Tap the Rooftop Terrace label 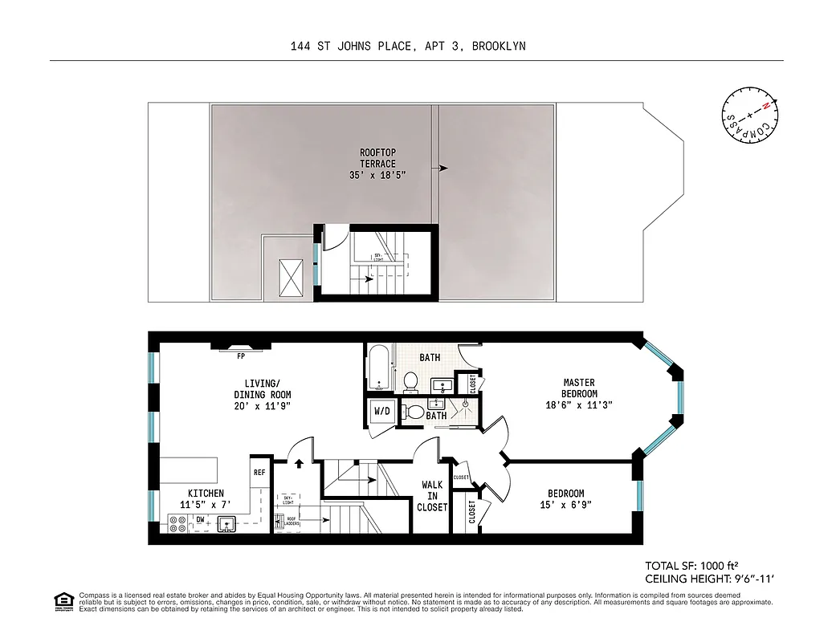click(377, 163)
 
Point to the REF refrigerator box click(259, 473)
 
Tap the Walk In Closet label click(432, 496)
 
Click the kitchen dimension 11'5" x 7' click(206, 505)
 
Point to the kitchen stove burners click(177, 524)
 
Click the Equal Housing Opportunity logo click(62, 600)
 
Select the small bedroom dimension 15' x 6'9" click(566, 505)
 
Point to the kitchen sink click(228, 524)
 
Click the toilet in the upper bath click(410, 380)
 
